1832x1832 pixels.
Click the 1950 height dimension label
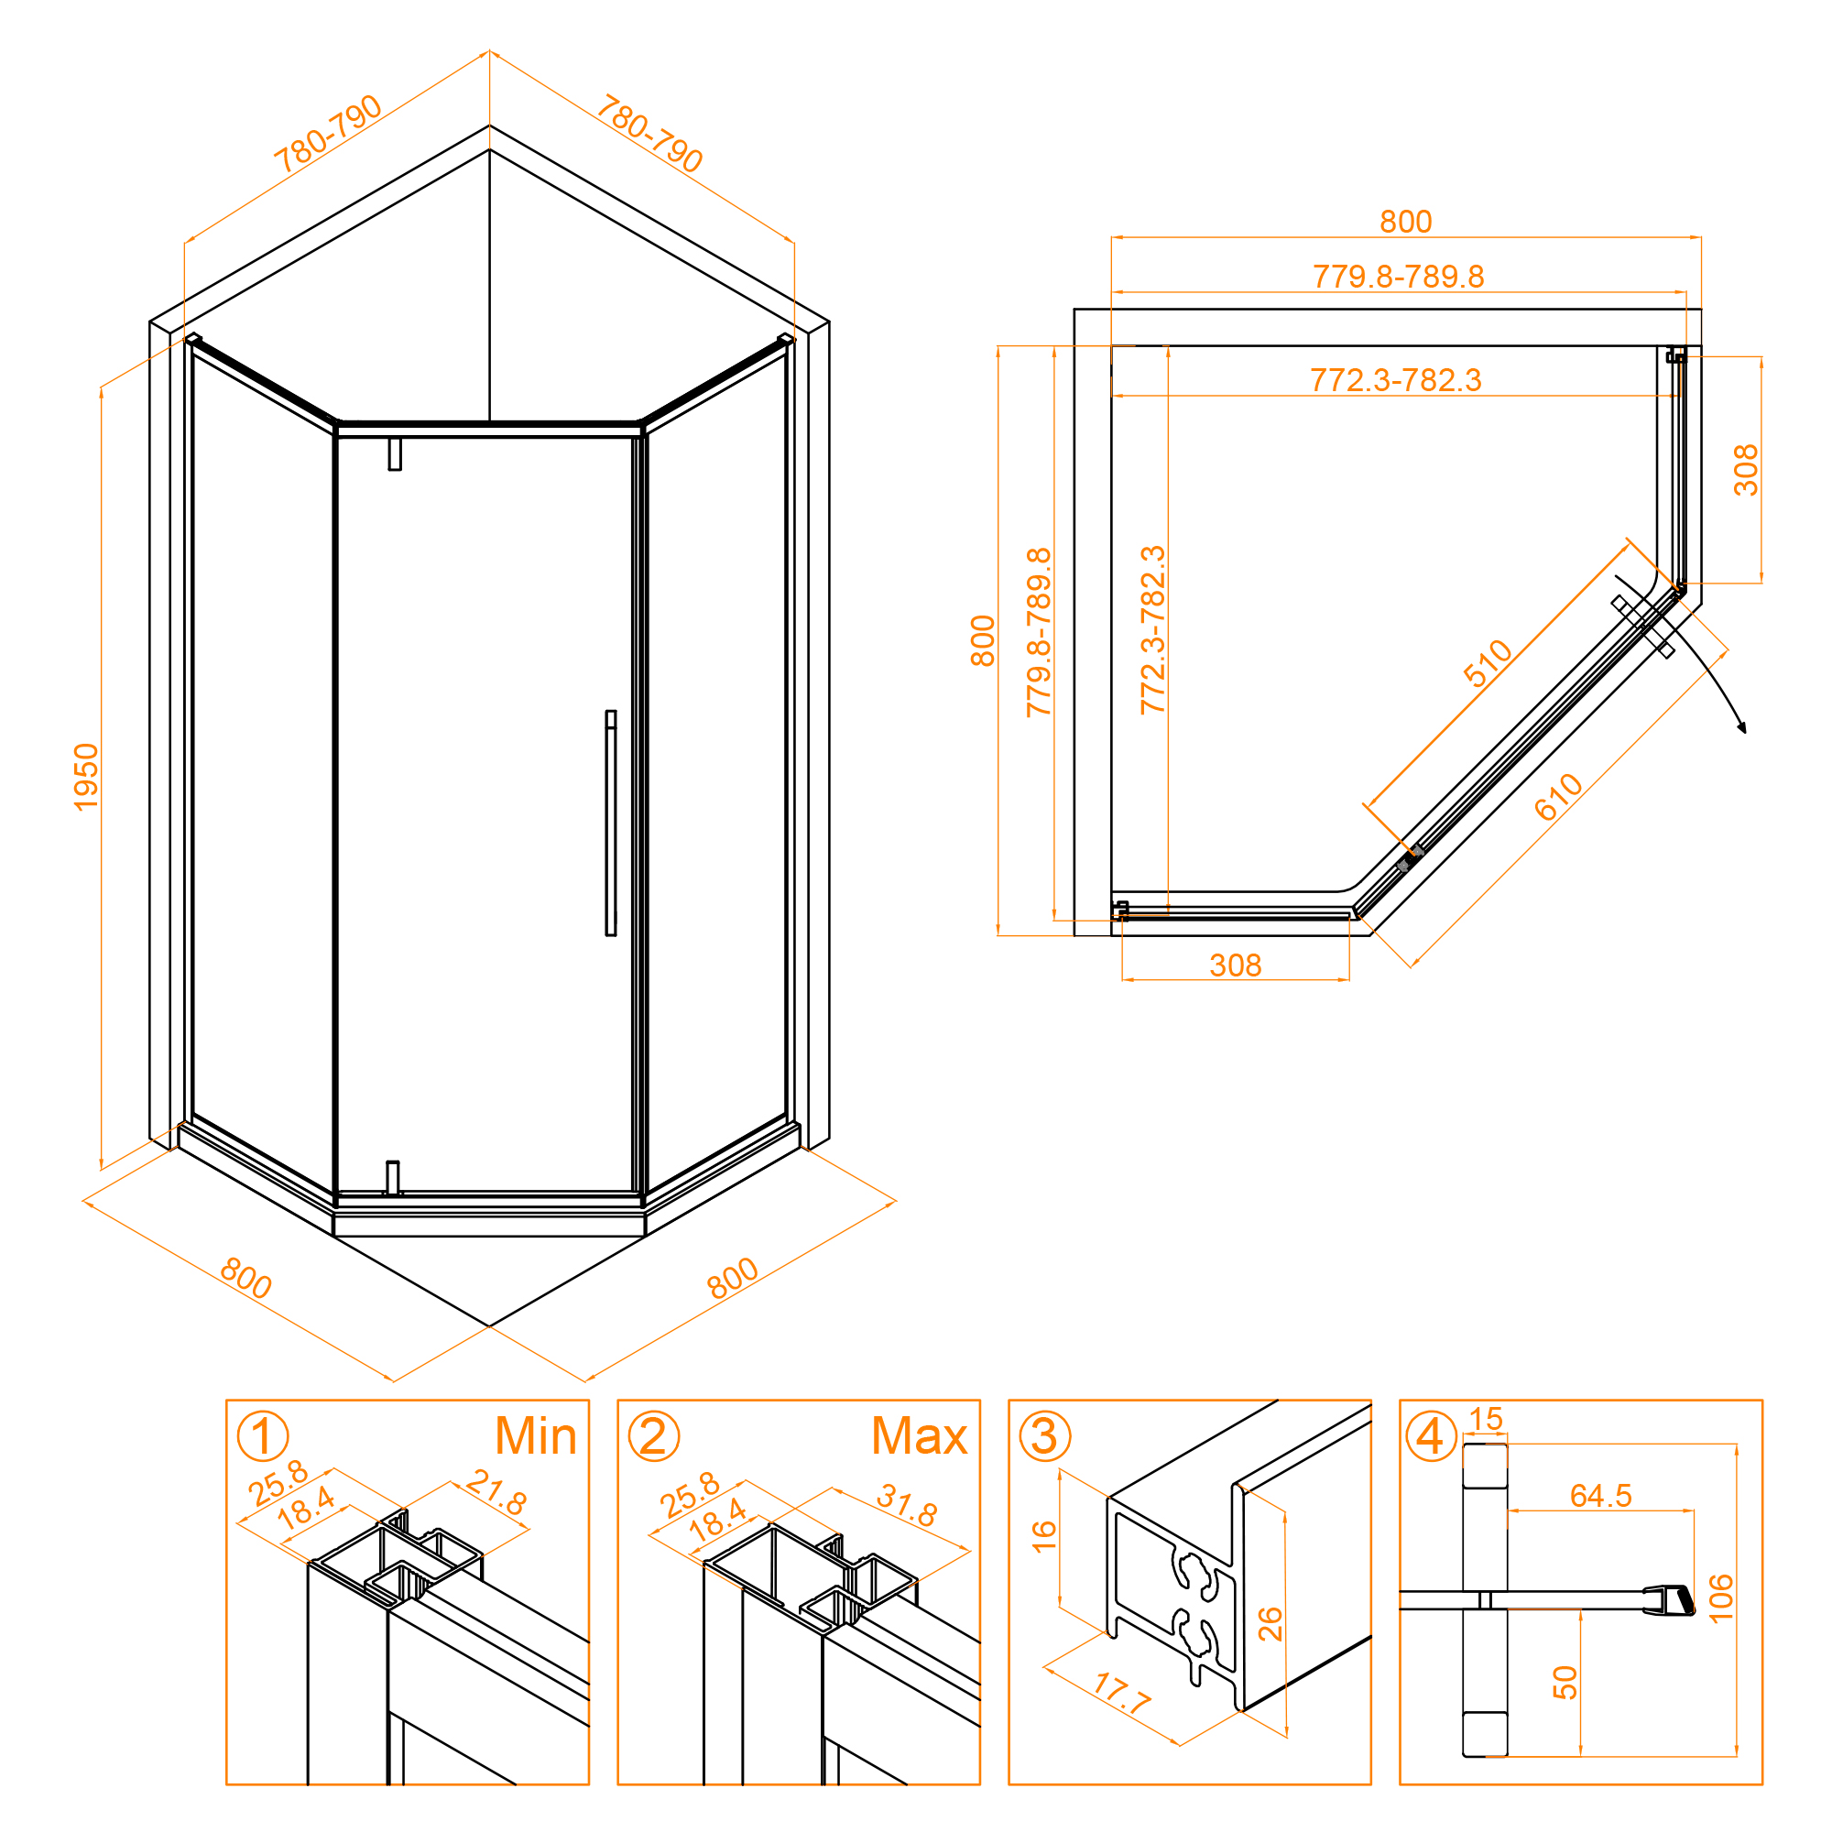[86, 778]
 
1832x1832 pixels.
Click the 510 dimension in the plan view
[1487, 663]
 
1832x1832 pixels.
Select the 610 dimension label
[1559, 797]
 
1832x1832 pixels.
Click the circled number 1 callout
[263, 1435]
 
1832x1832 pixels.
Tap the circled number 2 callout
[653, 1435]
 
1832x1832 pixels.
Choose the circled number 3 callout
[1044, 1435]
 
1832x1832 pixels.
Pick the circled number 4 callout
[1430, 1435]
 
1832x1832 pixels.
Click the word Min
[536, 1435]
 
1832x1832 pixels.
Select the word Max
[919, 1435]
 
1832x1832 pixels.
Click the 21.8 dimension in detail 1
[496, 1491]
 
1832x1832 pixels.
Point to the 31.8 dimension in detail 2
[908, 1505]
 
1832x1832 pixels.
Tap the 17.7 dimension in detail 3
[1122, 1693]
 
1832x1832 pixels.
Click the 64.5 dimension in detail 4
[1600, 1496]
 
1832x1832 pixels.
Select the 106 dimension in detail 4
[1720, 1598]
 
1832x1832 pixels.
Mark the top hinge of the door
[395, 454]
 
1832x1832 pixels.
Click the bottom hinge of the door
[393, 1178]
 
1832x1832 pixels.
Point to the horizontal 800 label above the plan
[1405, 222]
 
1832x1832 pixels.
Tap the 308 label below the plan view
[1236, 965]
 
